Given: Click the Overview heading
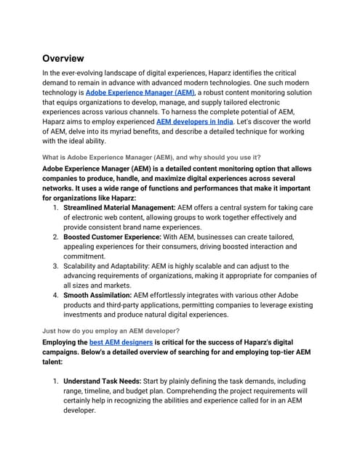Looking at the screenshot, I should [x=63, y=58].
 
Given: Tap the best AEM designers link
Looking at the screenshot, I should [x=121, y=341].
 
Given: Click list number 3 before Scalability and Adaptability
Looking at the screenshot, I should [x=56, y=267].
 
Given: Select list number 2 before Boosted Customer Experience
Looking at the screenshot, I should [x=56, y=237].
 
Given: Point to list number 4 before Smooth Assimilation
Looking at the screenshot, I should [x=56, y=296].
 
